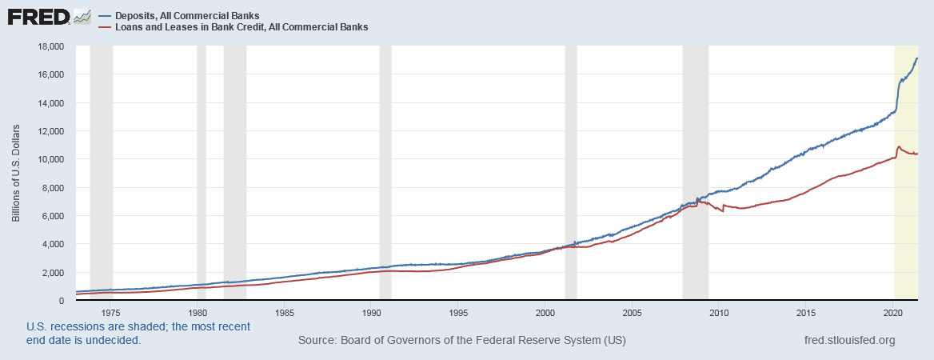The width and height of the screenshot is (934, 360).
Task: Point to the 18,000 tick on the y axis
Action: coord(50,46)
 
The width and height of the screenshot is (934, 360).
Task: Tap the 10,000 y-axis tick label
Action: coord(50,159)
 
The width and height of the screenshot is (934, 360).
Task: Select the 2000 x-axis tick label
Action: coord(545,312)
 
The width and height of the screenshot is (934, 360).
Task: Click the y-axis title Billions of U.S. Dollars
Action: coord(16,173)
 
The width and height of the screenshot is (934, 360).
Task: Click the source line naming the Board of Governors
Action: coord(461,341)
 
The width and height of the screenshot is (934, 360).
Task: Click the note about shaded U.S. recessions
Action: coord(138,334)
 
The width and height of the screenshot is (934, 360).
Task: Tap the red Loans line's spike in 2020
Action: coord(900,147)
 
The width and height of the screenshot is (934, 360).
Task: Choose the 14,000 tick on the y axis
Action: coord(50,103)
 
